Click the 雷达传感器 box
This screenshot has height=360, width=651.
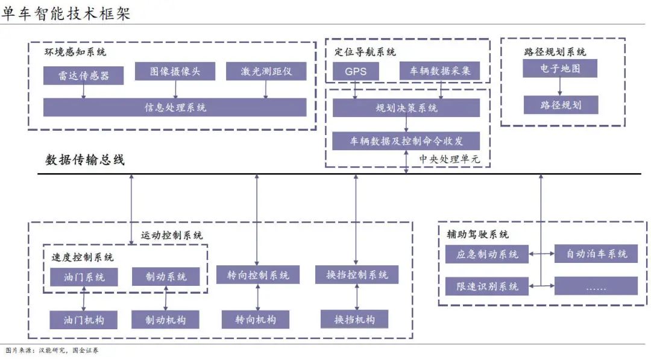[83, 75]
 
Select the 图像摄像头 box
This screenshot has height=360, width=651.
[175, 71]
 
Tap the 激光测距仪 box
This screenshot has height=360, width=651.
[266, 71]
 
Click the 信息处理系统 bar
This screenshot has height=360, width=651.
[175, 107]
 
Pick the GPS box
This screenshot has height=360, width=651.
[356, 71]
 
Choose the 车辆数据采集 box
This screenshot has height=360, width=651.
[439, 71]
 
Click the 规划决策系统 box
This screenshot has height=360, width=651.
[406, 108]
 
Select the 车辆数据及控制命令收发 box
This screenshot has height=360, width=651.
[406, 141]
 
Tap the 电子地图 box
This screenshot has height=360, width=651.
[560, 69]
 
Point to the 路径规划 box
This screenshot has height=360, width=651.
[561, 105]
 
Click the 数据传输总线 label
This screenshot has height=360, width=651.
[85, 160]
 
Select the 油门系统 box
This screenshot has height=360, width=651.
[84, 277]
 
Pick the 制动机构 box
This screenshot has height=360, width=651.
[165, 320]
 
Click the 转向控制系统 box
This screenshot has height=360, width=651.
[258, 275]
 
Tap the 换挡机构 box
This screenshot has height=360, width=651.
[354, 320]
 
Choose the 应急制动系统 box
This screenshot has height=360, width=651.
[487, 254]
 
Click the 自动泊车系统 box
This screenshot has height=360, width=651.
[596, 254]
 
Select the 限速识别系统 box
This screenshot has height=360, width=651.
[487, 286]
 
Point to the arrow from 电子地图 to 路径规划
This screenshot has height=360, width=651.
[559, 87]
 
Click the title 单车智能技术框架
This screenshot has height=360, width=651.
[66, 13]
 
